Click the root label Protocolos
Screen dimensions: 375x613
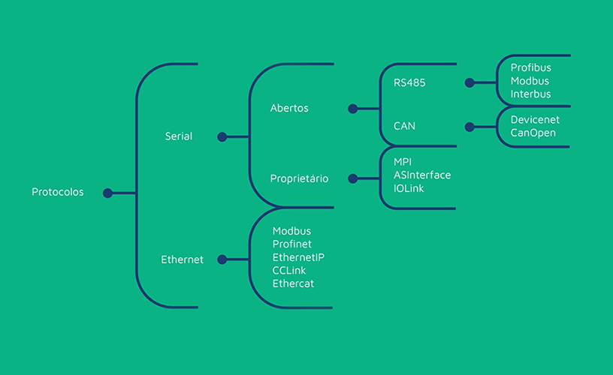(x=58, y=192)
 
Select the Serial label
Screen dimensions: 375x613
(x=178, y=136)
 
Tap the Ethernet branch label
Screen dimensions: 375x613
(x=182, y=259)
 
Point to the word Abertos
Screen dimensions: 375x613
(x=289, y=108)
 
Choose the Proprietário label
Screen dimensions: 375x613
(x=299, y=178)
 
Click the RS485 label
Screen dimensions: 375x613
(x=409, y=82)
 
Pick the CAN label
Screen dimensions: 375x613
(x=404, y=126)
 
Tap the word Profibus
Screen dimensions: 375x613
(x=531, y=67)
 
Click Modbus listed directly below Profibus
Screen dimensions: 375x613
(x=530, y=81)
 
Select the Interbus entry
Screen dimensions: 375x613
(x=530, y=94)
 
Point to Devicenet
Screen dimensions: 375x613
(x=535, y=119)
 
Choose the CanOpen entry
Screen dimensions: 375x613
(x=533, y=133)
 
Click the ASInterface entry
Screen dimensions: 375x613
(x=422, y=175)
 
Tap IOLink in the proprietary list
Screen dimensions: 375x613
(x=409, y=188)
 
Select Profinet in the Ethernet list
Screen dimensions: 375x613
(x=292, y=244)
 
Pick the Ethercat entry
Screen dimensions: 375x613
(x=294, y=283)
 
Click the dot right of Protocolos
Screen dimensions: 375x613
(x=107, y=193)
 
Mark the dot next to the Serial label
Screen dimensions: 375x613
(x=222, y=136)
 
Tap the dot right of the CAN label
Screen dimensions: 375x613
(x=470, y=127)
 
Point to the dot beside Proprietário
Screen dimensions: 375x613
(x=352, y=178)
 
